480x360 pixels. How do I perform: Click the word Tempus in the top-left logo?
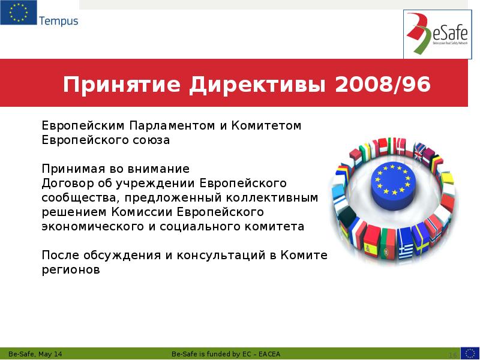59,21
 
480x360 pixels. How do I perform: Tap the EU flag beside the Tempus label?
18,13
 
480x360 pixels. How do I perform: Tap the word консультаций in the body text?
220,256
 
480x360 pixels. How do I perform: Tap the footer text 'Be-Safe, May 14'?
35,353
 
